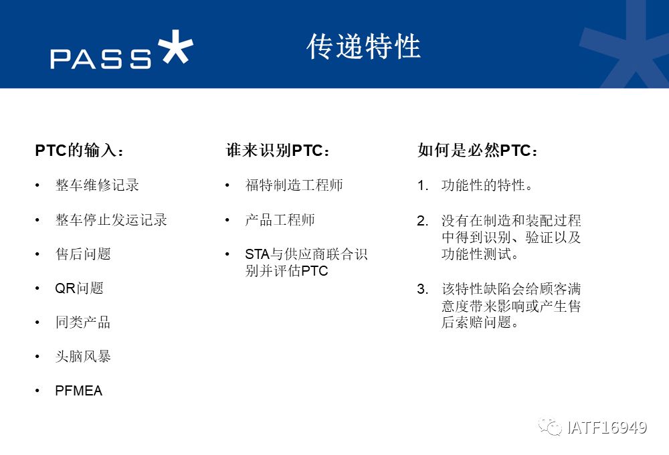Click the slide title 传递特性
[x=363, y=46]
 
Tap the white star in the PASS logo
[x=175, y=47]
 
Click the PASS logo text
[x=101, y=59]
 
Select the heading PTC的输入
[x=80, y=151]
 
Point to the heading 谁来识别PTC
[x=278, y=151]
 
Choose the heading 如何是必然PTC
[x=478, y=151]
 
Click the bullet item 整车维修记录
[x=97, y=185]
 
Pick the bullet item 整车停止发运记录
[x=111, y=220]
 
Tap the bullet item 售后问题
[x=83, y=254]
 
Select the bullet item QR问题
[x=80, y=288]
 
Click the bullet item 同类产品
[x=83, y=323]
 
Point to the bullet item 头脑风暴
[x=83, y=357]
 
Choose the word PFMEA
[x=79, y=391]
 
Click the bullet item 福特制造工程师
[x=294, y=185]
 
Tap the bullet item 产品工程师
[x=280, y=220]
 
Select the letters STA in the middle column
[x=258, y=254]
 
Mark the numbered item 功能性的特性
[x=487, y=185]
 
